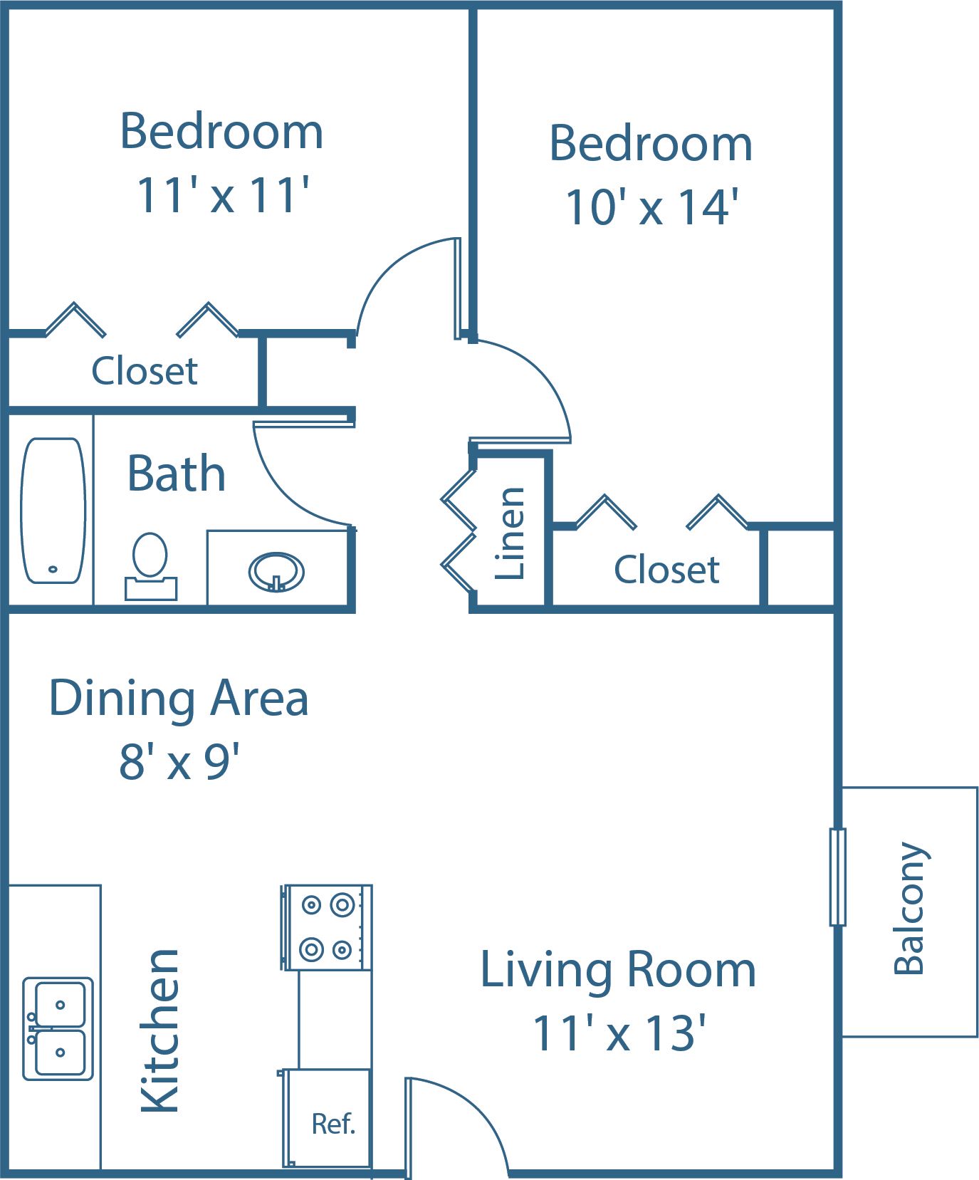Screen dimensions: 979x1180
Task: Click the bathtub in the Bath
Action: pos(53,511)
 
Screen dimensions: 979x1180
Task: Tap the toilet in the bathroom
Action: pos(150,566)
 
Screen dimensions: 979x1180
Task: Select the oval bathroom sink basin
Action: pos(276,571)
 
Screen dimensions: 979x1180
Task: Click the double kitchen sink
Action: pos(58,1028)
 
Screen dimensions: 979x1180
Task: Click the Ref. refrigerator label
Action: pos(333,1124)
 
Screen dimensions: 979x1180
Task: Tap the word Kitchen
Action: pos(160,1030)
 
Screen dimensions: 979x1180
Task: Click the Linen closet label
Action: pos(510,533)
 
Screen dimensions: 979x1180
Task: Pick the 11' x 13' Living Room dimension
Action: pos(619,1033)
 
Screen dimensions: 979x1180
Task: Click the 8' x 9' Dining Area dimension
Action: pos(179,761)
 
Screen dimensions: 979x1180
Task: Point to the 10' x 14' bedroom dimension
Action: pos(651,207)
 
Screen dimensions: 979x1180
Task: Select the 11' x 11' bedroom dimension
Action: pos(223,194)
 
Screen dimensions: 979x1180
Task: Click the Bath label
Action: pos(177,474)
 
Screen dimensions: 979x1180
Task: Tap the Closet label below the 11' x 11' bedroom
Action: pos(145,370)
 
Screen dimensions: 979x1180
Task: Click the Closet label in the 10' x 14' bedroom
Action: pos(666,570)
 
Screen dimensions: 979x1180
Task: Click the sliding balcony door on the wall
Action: pos(838,877)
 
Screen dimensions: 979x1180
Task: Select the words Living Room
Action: pos(618,971)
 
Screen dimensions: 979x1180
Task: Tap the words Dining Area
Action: pos(179,699)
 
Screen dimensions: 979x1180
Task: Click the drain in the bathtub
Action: pos(52,569)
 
